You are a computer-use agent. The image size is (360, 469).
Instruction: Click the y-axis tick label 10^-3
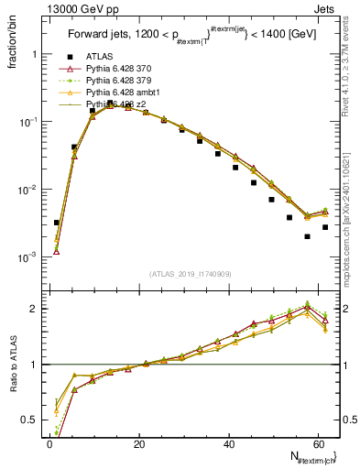point(27,257)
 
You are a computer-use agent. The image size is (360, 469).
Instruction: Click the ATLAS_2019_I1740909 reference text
point(190,273)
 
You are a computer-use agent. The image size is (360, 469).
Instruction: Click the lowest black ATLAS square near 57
point(308,236)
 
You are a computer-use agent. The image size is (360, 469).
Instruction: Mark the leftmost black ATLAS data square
point(56,223)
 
